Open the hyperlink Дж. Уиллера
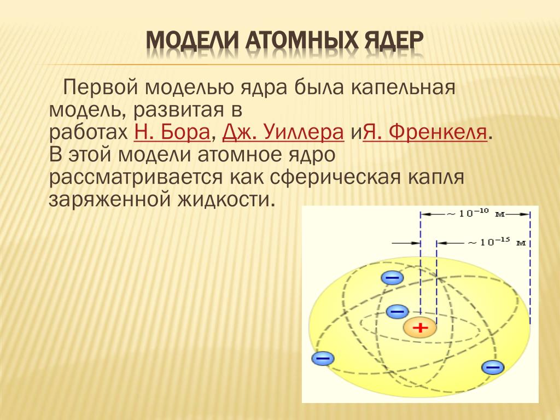pos(283,132)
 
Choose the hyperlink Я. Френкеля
pos(425,132)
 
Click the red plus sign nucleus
pos(420,327)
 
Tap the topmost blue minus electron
pos(393,277)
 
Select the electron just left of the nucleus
pos(397,311)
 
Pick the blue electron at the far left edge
pos(323,358)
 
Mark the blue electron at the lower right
pos(493,367)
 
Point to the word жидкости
pos(226,200)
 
